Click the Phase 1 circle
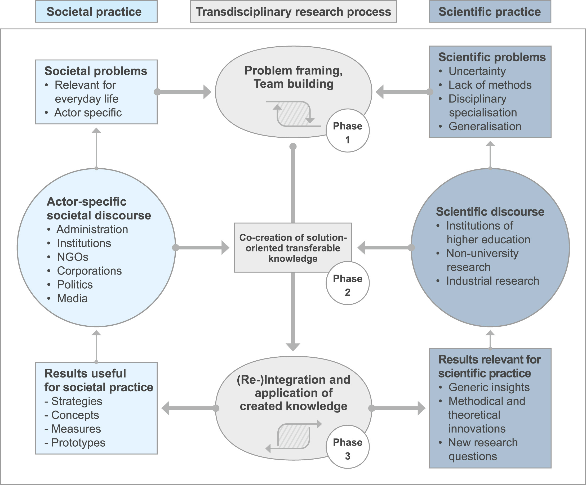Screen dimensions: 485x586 [x=347, y=131]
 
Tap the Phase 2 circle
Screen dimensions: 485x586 [x=347, y=283]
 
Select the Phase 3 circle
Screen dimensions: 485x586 [x=347, y=447]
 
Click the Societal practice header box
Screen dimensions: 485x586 [x=96, y=11]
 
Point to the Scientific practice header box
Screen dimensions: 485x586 [x=490, y=11]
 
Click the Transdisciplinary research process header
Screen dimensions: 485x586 [x=293, y=11]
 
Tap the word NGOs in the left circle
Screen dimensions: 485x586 [x=73, y=257]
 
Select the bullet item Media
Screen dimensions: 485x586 [x=72, y=298]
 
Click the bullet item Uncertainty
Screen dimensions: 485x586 [x=477, y=71]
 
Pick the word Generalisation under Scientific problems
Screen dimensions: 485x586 [x=485, y=126]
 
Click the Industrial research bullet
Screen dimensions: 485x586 [x=492, y=281]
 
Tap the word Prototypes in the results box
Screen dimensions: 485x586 [x=78, y=443]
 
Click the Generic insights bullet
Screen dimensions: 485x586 [x=489, y=387]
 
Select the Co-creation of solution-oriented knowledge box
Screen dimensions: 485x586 [x=293, y=248]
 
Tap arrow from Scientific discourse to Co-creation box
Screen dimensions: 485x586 [x=385, y=247]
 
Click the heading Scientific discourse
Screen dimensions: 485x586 [x=490, y=212]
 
